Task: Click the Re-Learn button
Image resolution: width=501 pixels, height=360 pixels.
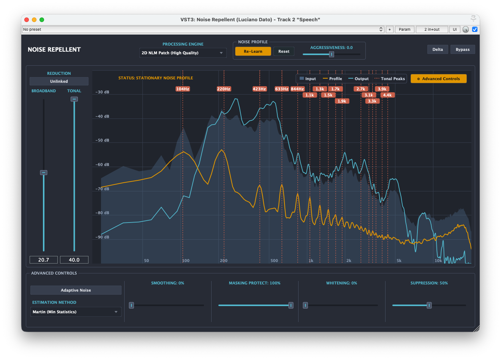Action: point(253,51)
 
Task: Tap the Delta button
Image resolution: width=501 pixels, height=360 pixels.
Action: point(438,49)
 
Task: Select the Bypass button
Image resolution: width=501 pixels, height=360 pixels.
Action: point(463,49)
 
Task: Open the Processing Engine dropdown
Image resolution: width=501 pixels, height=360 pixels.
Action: point(183,53)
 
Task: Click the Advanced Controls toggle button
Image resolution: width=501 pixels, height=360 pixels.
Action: point(439,79)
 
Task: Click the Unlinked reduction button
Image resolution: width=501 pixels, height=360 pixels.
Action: point(59,81)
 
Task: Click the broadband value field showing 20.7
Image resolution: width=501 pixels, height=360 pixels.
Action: point(44,260)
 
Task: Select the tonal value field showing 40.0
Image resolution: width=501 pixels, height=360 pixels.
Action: point(74,260)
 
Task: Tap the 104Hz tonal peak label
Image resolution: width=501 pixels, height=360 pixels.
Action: point(183,89)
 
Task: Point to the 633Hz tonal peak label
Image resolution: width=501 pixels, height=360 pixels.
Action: point(281,89)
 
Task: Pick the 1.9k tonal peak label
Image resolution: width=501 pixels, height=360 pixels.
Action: point(342,101)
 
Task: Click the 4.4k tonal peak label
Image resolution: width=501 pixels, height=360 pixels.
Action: point(387,95)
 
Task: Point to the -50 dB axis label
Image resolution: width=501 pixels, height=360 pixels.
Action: point(103,140)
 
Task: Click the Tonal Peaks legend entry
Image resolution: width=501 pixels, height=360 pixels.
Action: point(390,79)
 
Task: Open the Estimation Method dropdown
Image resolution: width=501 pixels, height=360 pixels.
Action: point(76,312)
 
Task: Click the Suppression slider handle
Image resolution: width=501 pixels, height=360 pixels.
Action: point(429,305)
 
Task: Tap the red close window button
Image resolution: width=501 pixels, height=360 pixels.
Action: point(27,20)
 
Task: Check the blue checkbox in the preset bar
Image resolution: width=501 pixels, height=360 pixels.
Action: point(475,29)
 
